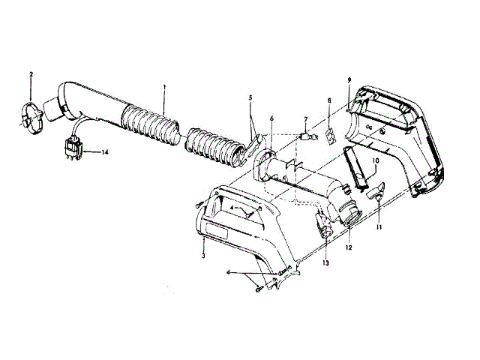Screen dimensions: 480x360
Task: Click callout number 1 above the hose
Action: [x=163, y=88]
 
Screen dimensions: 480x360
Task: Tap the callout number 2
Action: [x=31, y=74]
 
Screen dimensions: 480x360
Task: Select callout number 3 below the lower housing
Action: [x=203, y=256]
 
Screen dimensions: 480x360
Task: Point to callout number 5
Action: [x=251, y=97]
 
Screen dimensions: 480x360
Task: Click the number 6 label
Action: [x=271, y=118]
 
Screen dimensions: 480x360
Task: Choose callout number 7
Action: [x=305, y=119]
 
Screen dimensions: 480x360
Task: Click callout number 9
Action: [x=349, y=79]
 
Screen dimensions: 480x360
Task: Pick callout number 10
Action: [x=376, y=160]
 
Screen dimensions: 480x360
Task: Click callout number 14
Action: [x=104, y=152]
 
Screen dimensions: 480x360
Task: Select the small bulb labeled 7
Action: [x=305, y=138]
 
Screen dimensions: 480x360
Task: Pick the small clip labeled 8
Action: [x=328, y=136]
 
